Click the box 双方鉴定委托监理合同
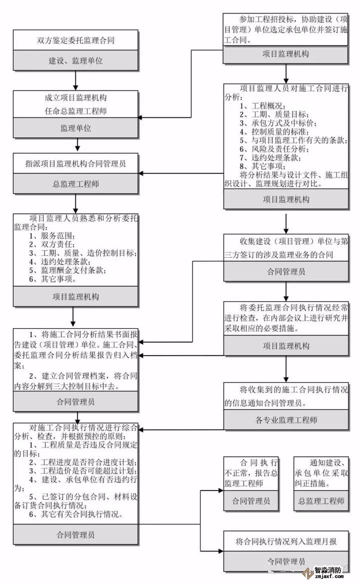tap(76, 40)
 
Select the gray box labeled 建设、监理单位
tap(76, 60)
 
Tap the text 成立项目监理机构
tap(76, 98)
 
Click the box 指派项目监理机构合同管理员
tap(76, 163)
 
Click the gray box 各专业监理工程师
tap(285, 420)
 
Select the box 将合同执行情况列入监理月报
tap(285, 541)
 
